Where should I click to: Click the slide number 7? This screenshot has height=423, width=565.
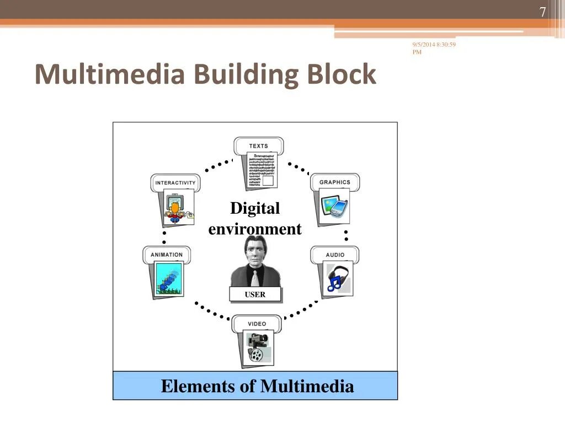click(x=542, y=13)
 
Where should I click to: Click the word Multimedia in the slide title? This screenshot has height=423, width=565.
click(x=109, y=74)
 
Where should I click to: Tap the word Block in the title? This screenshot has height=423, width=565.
click(x=342, y=74)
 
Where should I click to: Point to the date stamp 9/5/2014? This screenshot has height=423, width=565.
click(x=423, y=45)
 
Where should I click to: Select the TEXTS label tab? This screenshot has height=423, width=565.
click(x=258, y=146)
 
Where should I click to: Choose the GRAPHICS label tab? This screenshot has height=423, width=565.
click(x=334, y=182)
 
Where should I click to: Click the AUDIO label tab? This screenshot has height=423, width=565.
click(x=335, y=255)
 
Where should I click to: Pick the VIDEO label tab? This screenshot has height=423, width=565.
click(x=257, y=324)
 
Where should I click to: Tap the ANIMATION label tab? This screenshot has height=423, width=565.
click(x=167, y=254)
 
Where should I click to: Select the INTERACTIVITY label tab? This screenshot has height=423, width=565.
click(x=175, y=183)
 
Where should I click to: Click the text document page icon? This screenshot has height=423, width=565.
click(x=261, y=171)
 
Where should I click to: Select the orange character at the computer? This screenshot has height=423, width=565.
click(x=175, y=210)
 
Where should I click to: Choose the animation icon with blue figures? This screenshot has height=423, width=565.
click(x=168, y=279)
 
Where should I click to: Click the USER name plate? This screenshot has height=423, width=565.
click(x=255, y=295)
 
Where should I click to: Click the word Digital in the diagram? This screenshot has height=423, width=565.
click(x=255, y=208)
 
